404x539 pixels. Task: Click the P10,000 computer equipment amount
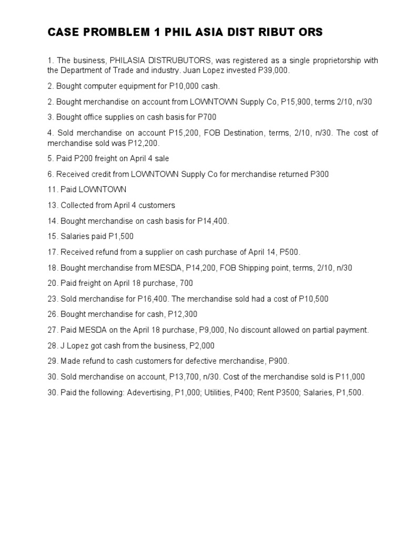pos(177,86)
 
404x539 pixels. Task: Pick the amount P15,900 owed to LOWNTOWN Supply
pos(296,102)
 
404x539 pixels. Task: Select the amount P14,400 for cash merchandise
pos(213,221)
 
